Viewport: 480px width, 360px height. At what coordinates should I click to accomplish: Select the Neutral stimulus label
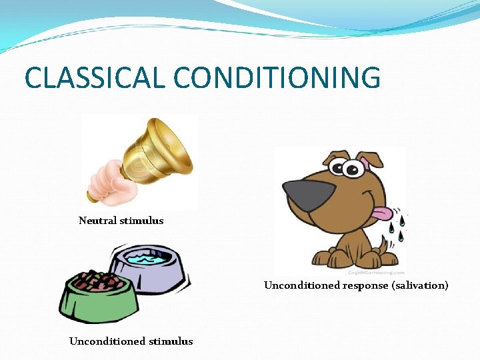pos(121,221)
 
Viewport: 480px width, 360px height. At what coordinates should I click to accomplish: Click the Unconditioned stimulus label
pos(131,341)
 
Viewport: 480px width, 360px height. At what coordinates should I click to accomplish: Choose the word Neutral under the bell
pos(97,221)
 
